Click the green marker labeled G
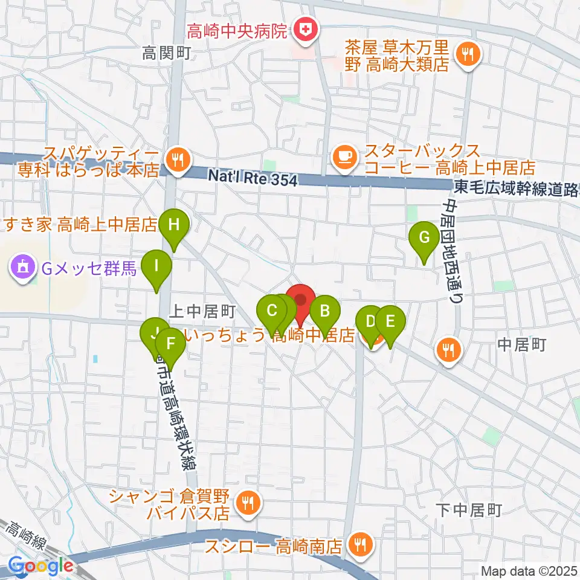(x=424, y=238)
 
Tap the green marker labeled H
(x=174, y=226)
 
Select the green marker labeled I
(x=156, y=266)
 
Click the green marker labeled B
(x=324, y=312)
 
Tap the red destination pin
(x=300, y=300)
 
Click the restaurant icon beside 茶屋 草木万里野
(x=468, y=56)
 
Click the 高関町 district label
(x=166, y=54)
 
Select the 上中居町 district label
(x=202, y=312)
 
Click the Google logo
(x=40, y=566)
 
